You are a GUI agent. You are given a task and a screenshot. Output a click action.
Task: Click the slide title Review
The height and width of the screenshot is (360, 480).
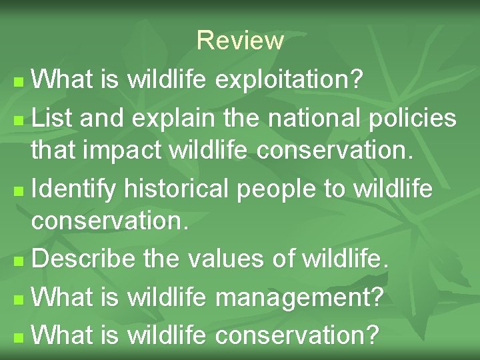[240, 41]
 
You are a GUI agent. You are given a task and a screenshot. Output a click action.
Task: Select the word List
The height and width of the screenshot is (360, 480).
[53, 119]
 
